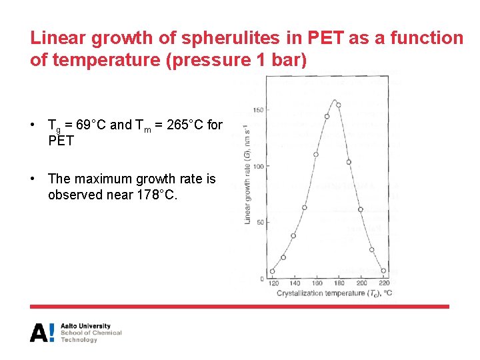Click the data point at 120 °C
click(x=273, y=271)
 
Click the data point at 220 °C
click(x=383, y=271)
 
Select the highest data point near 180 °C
click(x=338, y=105)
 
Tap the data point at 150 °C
click(x=305, y=207)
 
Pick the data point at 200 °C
click(x=360, y=209)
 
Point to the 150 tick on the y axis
click(x=259, y=110)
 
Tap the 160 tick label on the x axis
click(x=317, y=283)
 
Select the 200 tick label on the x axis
click(x=361, y=283)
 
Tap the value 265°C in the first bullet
click(x=188, y=125)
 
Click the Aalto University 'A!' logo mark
click(x=42, y=332)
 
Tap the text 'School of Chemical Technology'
click(x=91, y=336)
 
